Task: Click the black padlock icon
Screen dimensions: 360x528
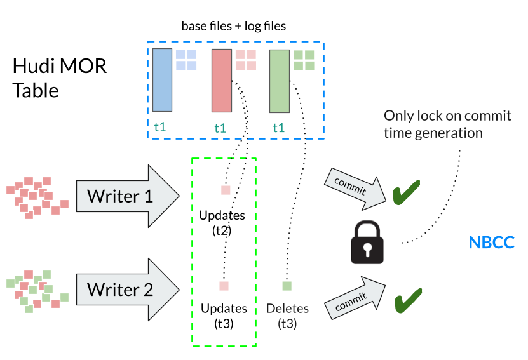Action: pos(369,243)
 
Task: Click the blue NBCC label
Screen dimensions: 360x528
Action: pos(491,243)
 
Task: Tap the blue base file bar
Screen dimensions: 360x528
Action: pos(161,78)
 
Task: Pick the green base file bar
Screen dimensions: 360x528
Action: pos(279,81)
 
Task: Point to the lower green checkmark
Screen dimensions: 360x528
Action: pos(409,299)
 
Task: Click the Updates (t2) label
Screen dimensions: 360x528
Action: pos(222,222)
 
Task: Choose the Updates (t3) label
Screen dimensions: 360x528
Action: pos(224,316)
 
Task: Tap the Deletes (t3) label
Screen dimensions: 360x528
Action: pos(287,316)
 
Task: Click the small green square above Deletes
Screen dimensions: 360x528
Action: pos(287,286)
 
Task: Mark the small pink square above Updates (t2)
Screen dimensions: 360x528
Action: pos(225,190)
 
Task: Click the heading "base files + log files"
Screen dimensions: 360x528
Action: pos(233,26)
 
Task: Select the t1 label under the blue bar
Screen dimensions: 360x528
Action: pos(161,126)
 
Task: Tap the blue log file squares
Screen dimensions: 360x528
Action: pos(186,60)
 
